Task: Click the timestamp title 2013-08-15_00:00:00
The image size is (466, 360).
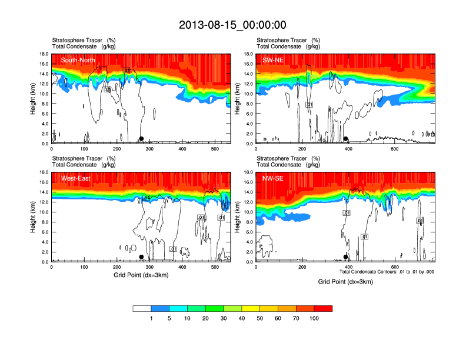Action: click(x=232, y=25)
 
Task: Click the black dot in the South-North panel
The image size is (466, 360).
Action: click(x=141, y=139)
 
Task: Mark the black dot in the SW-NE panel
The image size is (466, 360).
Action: click(x=346, y=139)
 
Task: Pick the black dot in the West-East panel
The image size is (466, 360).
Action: click(x=141, y=257)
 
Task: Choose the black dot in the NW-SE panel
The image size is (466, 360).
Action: click(x=346, y=257)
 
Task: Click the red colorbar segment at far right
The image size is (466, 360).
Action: click(x=323, y=308)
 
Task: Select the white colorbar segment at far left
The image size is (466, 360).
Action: click(x=142, y=308)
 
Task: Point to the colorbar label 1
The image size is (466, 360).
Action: click(x=151, y=318)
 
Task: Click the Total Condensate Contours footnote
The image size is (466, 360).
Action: click(x=387, y=272)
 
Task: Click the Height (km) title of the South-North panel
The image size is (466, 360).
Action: click(x=34, y=99)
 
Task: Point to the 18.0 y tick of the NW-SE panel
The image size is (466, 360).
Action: click(x=248, y=172)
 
